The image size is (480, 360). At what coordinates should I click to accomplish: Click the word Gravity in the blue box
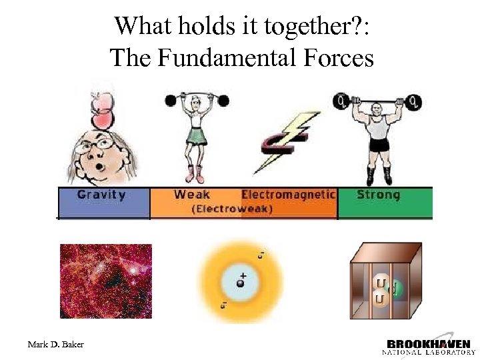pos(101,195)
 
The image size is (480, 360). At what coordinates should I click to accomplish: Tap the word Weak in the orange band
pos(192,195)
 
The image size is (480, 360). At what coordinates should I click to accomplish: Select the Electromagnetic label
pos(288,195)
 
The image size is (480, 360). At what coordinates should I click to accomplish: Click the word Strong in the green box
pos(378,195)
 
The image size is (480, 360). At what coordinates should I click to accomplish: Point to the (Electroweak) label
pos(232,209)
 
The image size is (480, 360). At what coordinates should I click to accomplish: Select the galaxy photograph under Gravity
pos(105,281)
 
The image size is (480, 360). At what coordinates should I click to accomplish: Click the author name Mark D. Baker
pos(55,344)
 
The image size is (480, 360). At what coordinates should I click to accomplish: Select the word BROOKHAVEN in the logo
pos(429,344)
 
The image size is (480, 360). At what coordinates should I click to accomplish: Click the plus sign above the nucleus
pos(243,275)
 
